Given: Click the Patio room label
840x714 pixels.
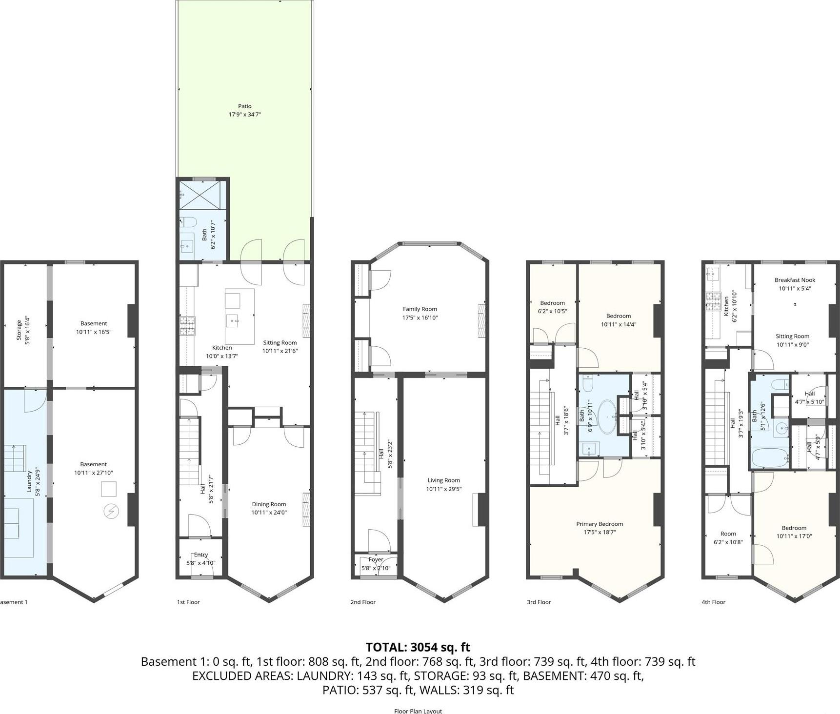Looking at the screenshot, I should [x=245, y=106].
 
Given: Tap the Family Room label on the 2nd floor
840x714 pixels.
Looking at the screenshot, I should [x=420, y=309].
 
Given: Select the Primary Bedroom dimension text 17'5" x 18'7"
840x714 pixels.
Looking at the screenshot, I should [x=599, y=532].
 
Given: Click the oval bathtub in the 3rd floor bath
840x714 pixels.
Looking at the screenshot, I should [x=607, y=417].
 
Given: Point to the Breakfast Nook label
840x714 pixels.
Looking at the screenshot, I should [x=795, y=280].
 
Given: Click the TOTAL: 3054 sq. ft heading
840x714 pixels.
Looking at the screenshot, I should [x=418, y=647].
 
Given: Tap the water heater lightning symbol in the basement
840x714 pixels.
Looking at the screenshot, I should [x=112, y=512].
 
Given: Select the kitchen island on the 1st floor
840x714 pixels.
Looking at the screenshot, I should [x=240, y=316].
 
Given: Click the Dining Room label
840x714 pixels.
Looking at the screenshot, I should [x=269, y=504].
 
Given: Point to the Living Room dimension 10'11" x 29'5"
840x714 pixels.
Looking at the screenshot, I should [x=443, y=489].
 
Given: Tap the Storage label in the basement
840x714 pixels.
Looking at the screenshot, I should [x=19, y=330].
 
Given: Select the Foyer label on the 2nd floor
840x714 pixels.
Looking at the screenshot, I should [x=376, y=559].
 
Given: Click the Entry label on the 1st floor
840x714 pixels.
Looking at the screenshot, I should [x=200, y=555].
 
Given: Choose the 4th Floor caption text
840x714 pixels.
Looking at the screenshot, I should [x=713, y=602].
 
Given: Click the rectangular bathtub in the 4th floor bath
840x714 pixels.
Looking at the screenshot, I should [x=770, y=458].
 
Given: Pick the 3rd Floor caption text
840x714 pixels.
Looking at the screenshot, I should [x=539, y=602].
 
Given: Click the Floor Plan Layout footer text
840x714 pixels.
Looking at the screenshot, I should [x=418, y=711].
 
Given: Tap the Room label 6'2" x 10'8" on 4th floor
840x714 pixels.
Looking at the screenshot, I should [x=728, y=534].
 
